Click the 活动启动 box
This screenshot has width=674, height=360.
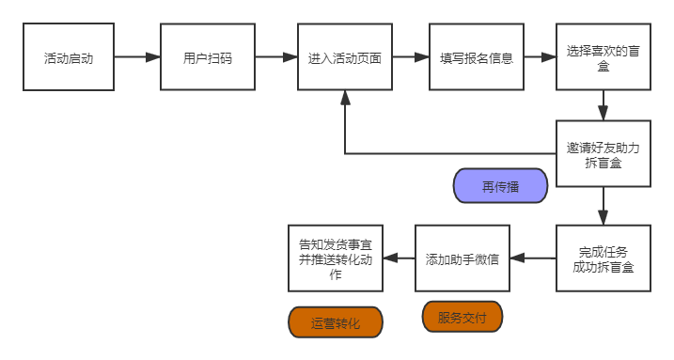pos(69,57)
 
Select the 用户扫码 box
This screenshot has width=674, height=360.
pos(207,57)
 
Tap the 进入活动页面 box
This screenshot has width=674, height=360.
pos(344,57)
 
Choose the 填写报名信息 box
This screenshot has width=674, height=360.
pos(476,57)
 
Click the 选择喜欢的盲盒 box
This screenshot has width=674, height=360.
pos(603,57)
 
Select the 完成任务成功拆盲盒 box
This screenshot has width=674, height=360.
pos(603,258)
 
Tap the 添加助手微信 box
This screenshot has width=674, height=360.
pos(462,258)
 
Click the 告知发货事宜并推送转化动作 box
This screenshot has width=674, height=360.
pos(336,258)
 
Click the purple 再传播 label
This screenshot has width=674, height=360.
pos(500,186)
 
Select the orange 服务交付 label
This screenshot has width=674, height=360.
pos(462,317)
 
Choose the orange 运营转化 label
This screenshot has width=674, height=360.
pos(335,323)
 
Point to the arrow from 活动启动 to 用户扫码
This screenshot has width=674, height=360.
pos(137,57)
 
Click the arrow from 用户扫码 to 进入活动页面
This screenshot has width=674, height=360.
pos(275,57)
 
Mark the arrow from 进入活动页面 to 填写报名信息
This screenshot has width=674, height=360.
pos(410,57)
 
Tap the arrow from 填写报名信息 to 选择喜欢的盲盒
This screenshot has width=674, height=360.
pos(539,57)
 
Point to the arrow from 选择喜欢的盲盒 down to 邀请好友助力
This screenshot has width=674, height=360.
pos(603,105)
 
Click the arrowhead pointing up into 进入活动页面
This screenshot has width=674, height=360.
pos(345,99)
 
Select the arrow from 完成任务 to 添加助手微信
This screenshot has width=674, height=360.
pos(532,258)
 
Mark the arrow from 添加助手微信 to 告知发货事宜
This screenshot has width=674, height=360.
pos(400,258)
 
